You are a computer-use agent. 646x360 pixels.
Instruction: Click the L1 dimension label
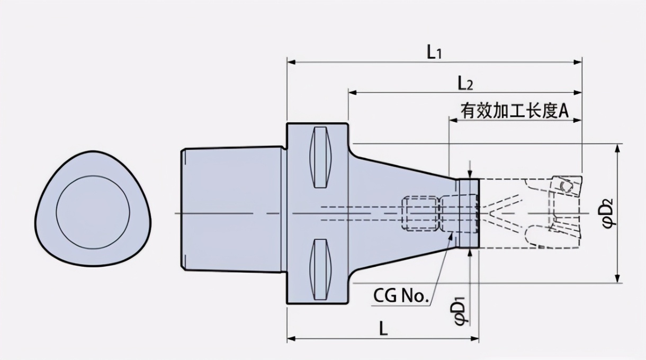click(434, 52)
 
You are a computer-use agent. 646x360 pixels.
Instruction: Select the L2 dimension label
click(465, 83)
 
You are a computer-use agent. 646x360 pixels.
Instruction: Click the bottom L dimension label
click(383, 329)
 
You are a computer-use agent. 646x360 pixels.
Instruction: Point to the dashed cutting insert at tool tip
click(565, 186)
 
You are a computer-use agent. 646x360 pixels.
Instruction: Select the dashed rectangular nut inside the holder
click(420, 213)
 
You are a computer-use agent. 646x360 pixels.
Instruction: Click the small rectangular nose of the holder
click(468, 213)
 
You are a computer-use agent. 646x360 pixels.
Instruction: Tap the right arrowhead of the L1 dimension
click(578, 62)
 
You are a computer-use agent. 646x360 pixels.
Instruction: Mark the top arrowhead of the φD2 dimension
click(617, 148)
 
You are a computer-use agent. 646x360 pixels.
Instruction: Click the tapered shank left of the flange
click(231, 210)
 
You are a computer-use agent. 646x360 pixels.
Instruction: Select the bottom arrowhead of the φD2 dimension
click(617, 278)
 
